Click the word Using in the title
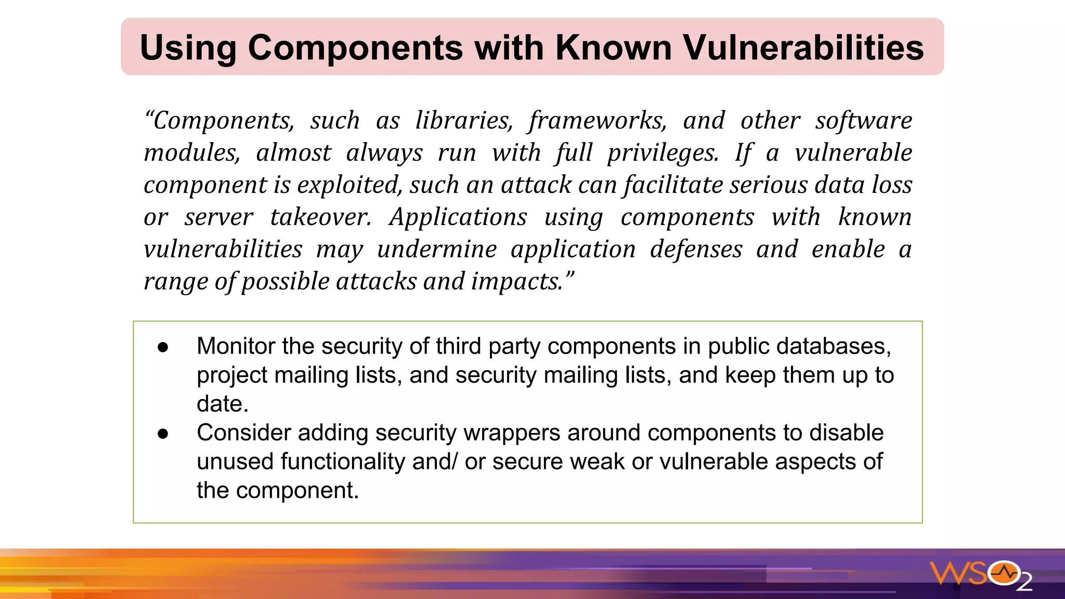coord(188,48)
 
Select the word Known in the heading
coord(614,47)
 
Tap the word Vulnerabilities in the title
coord(803,47)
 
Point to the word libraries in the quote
coord(464,121)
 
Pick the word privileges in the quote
coord(663,153)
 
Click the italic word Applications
coord(458,217)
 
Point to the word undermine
coord(437,250)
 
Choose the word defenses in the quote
coord(696,250)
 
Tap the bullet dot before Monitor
coord(163,347)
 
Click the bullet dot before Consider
coord(163,434)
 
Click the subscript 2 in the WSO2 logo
coord(1024,583)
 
